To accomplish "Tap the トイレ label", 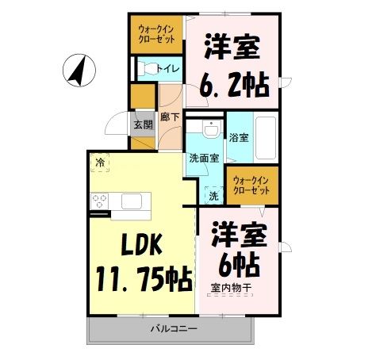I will tap(168, 68).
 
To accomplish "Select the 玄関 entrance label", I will tap(142, 124).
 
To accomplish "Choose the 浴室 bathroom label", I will tap(238, 137).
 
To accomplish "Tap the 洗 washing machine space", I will tap(213, 195).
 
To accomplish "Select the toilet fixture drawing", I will tap(145, 68).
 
